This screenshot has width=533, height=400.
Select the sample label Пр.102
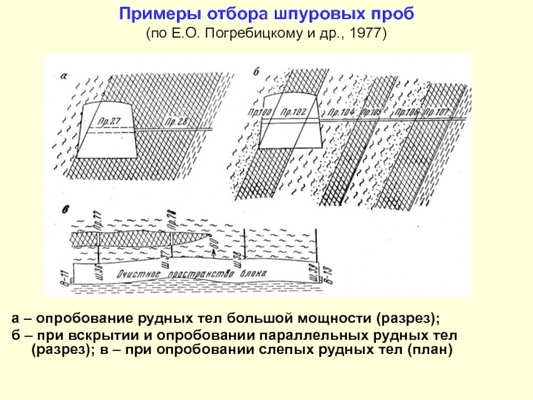coord(293,113)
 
